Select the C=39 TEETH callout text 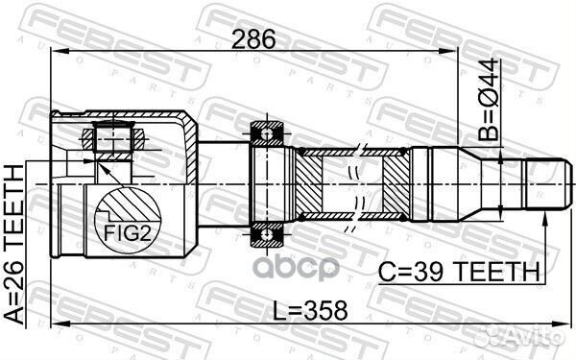467,274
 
